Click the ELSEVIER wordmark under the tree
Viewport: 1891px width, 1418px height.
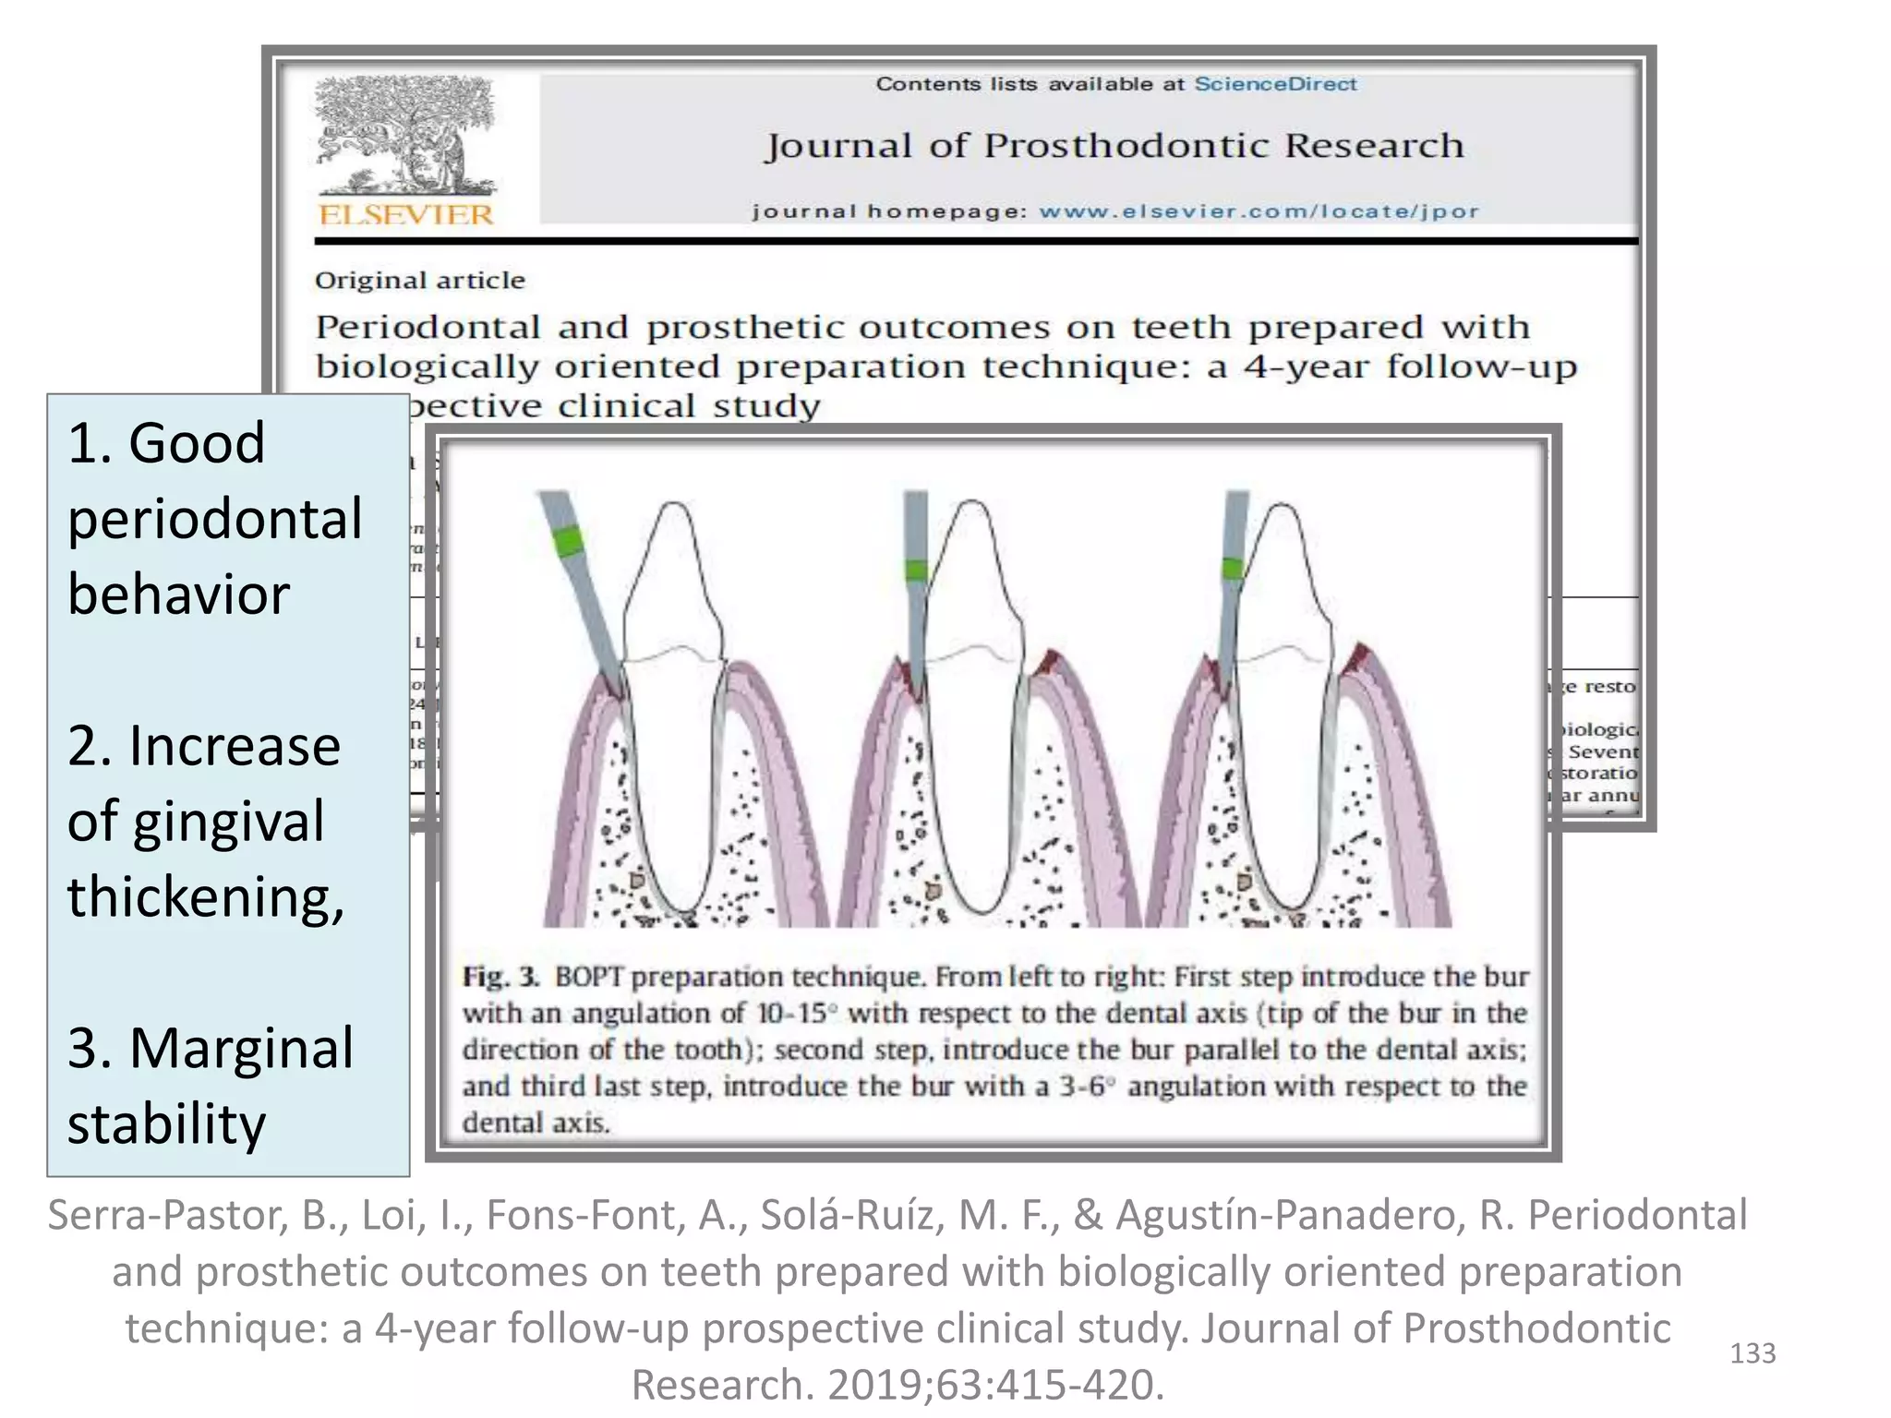[x=405, y=214]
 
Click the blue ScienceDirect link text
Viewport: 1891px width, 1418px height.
[x=1275, y=84]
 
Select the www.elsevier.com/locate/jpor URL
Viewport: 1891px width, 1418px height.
[x=1259, y=211]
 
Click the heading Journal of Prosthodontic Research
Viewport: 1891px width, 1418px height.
[x=1114, y=146]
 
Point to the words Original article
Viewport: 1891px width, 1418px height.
[x=419, y=281]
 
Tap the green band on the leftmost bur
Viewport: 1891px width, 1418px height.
[x=569, y=540]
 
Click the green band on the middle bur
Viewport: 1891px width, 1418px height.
[x=915, y=570]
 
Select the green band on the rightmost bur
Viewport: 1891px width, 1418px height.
[x=1233, y=567]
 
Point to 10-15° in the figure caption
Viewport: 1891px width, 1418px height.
[x=797, y=1014]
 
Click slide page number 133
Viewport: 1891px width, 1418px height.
[x=1752, y=1353]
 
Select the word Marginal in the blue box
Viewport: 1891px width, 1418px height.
[x=241, y=1049]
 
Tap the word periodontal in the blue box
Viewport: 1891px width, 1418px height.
[x=214, y=519]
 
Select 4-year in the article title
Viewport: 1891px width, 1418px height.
[x=1306, y=367]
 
